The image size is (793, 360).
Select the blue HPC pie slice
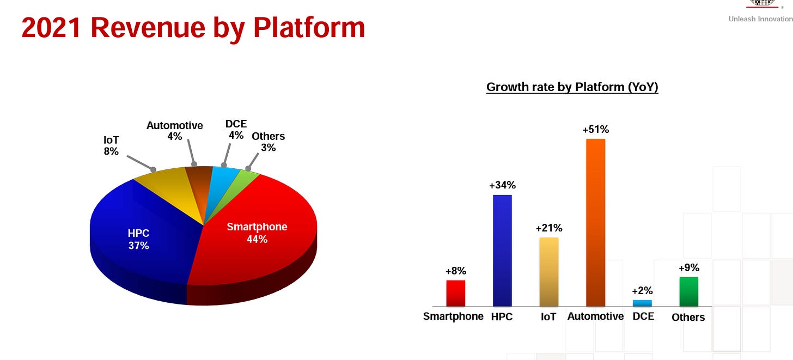142,229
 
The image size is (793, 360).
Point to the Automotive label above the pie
174,126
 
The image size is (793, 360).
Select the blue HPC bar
502,251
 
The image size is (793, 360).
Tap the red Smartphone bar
456,294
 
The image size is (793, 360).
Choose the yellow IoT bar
549,272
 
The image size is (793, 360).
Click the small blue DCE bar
642,303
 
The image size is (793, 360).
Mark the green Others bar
688,292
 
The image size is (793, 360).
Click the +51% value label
595,130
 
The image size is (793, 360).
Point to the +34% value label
502,185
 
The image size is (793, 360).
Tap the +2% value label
642,291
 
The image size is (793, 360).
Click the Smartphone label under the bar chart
453,316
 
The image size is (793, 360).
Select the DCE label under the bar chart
643,316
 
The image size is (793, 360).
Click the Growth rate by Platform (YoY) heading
572,87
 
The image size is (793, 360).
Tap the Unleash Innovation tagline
760,19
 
